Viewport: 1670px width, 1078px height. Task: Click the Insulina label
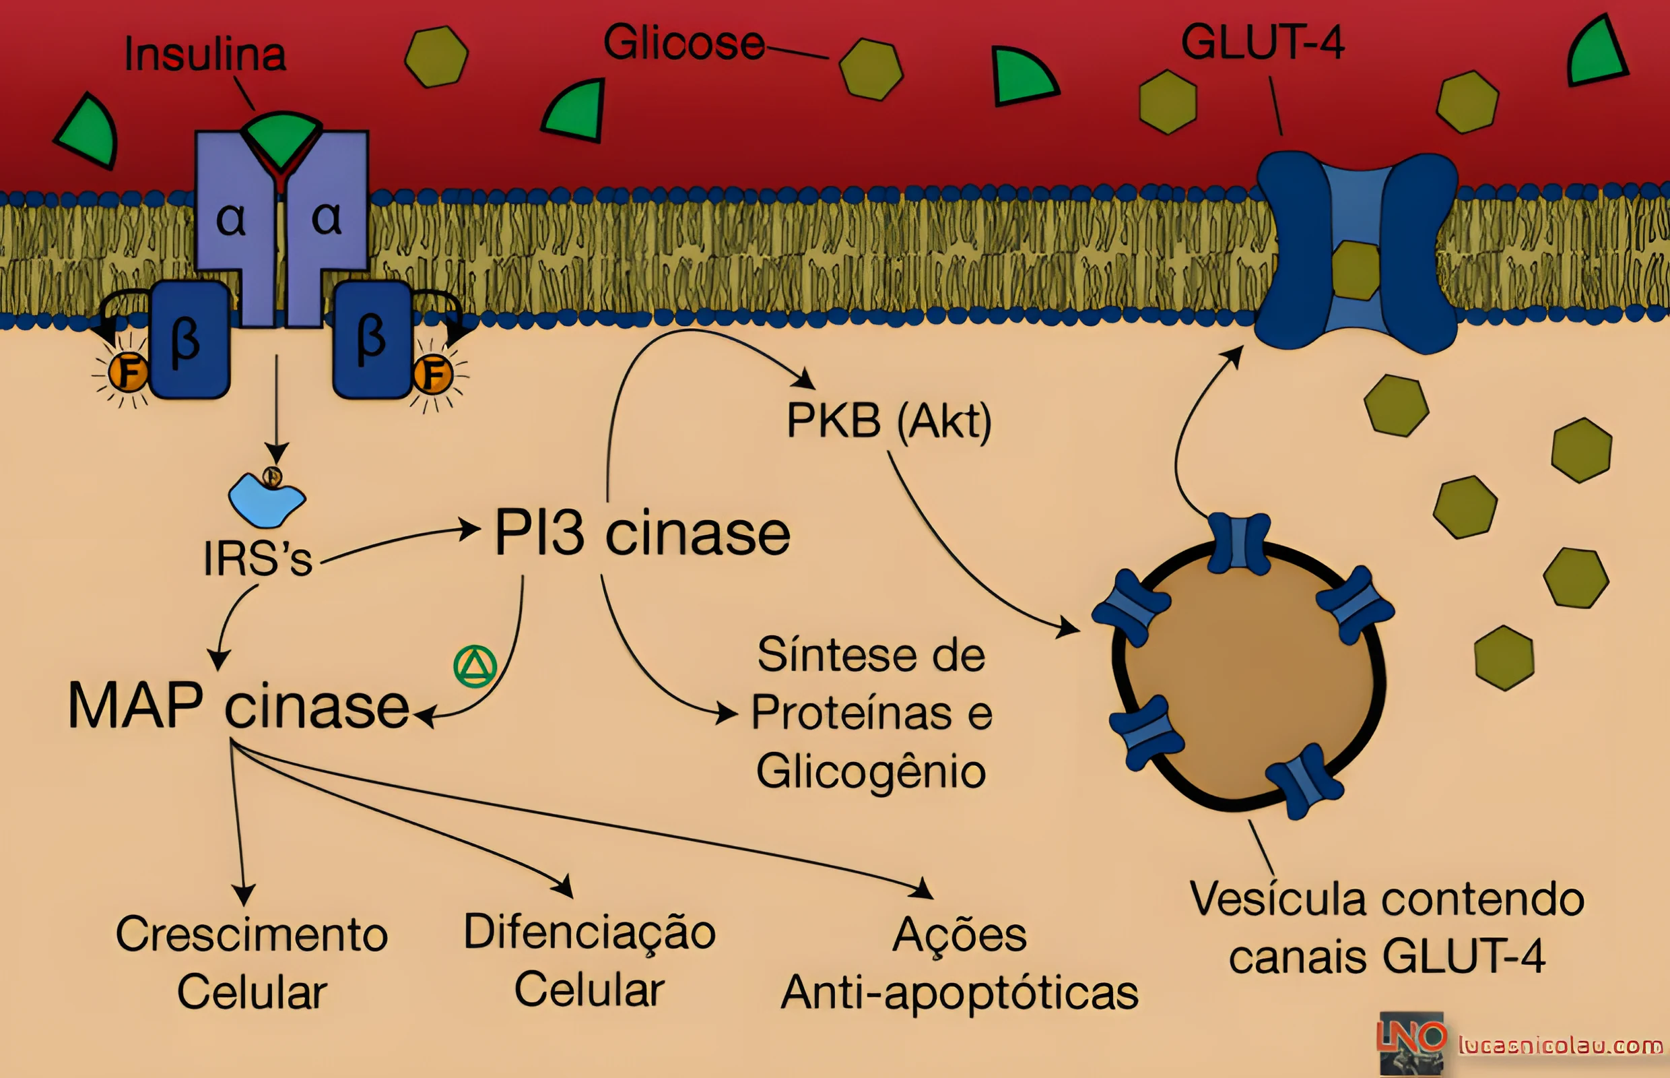pos(205,54)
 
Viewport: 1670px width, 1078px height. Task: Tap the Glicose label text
pos(683,42)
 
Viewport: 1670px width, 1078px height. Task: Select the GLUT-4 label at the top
pos(1262,42)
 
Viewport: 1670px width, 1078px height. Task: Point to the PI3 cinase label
pos(642,534)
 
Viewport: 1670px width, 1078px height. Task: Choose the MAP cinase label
pos(238,705)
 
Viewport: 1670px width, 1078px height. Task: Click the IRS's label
pos(257,559)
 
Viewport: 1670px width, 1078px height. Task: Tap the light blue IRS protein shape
pos(267,500)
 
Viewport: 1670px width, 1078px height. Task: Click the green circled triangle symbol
pos(475,666)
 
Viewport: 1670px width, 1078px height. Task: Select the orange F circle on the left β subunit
pos(128,372)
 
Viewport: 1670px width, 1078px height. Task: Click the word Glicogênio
pos(871,772)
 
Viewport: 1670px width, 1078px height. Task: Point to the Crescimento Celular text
pos(252,963)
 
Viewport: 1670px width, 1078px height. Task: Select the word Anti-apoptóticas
pos(959,992)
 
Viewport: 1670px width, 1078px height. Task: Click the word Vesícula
pos(1277,898)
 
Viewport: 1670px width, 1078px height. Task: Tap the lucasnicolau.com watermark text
pos(1560,1046)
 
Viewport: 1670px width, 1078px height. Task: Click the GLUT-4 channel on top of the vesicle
pos(1239,543)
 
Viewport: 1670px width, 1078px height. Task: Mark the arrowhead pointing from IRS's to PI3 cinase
pos(469,529)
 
